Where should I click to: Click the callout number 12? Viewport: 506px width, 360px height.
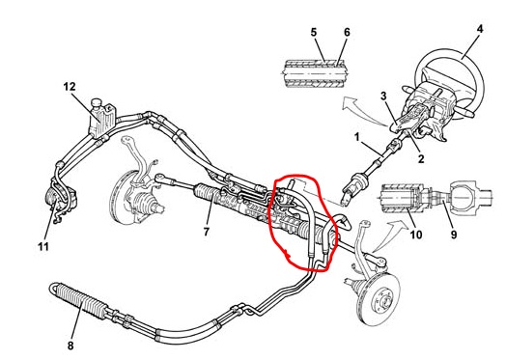pos(70,87)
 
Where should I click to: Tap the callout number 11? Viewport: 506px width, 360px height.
pos(43,247)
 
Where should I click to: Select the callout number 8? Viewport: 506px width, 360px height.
pos(70,346)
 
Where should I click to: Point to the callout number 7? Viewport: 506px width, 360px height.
pos(207,232)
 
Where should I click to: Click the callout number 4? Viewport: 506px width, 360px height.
pos(480,29)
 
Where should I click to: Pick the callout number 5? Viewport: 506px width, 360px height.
pos(314,32)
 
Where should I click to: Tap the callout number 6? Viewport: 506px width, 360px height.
pos(347,32)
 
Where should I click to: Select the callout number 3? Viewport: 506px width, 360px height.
pos(383,96)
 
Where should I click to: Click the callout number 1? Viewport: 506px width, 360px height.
pos(357,137)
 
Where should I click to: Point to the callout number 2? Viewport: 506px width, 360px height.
pos(421,158)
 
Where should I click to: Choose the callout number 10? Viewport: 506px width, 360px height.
pos(416,235)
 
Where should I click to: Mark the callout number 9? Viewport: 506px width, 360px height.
pos(454,235)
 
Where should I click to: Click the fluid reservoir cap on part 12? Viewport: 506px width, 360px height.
pos(97,103)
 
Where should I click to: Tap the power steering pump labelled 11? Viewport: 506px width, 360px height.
pos(61,200)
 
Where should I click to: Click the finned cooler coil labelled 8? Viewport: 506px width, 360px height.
pos(77,300)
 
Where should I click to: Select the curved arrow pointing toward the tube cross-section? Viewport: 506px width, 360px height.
pos(360,110)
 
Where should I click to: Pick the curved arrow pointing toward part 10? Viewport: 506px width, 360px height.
pos(390,234)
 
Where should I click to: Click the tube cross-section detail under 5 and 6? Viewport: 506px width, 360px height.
pos(314,73)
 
